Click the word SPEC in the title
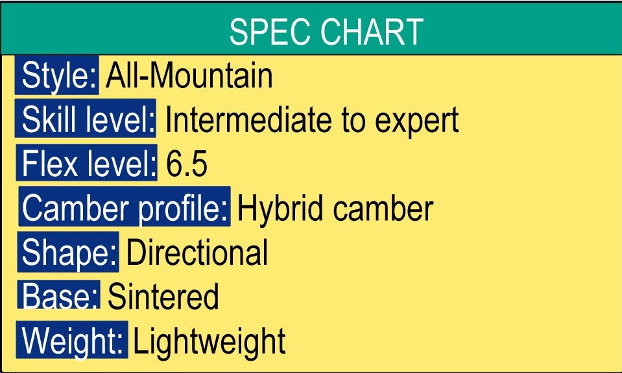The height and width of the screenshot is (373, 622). (270, 32)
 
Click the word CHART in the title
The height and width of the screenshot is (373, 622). (372, 32)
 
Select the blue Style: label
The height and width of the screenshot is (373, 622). (56, 75)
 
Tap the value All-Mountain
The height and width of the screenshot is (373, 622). (189, 75)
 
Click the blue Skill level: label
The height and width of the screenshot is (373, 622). (85, 119)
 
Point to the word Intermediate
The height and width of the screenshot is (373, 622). (248, 119)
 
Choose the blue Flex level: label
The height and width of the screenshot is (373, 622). (86, 163)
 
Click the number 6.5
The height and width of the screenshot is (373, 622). (186, 164)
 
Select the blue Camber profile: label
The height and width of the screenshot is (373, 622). (125, 207)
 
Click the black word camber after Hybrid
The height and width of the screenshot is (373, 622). (383, 208)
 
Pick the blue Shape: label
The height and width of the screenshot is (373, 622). (68, 253)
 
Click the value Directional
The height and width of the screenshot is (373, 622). (197, 252)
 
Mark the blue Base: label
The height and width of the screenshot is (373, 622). (58, 294)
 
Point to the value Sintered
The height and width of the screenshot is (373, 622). (163, 296)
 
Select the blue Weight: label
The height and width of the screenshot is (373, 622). (72, 340)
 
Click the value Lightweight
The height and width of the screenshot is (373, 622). (209, 342)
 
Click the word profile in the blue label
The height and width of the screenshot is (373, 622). (184, 209)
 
